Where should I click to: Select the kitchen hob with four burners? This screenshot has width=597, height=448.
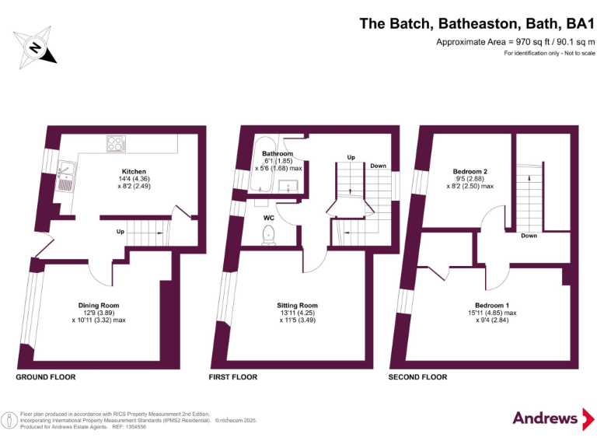(x=117, y=144)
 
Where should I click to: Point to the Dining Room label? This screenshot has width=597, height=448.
(x=99, y=306)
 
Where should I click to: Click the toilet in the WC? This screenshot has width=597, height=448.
(x=270, y=233)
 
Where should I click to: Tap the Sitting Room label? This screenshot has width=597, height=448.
(x=297, y=306)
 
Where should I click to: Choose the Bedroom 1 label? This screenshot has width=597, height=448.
(x=493, y=305)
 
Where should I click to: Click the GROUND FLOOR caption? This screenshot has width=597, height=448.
(x=46, y=377)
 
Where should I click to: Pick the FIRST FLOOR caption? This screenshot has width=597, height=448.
(x=232, y=377)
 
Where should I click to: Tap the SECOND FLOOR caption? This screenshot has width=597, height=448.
(x=417, y=377)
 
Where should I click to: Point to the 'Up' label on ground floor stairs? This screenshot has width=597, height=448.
(x=120, y=231)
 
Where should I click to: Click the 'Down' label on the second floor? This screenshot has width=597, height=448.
(x=529, y=235)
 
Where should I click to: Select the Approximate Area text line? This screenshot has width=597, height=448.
(x=515, y=41)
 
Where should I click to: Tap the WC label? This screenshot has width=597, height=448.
(x=268, y=217)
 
